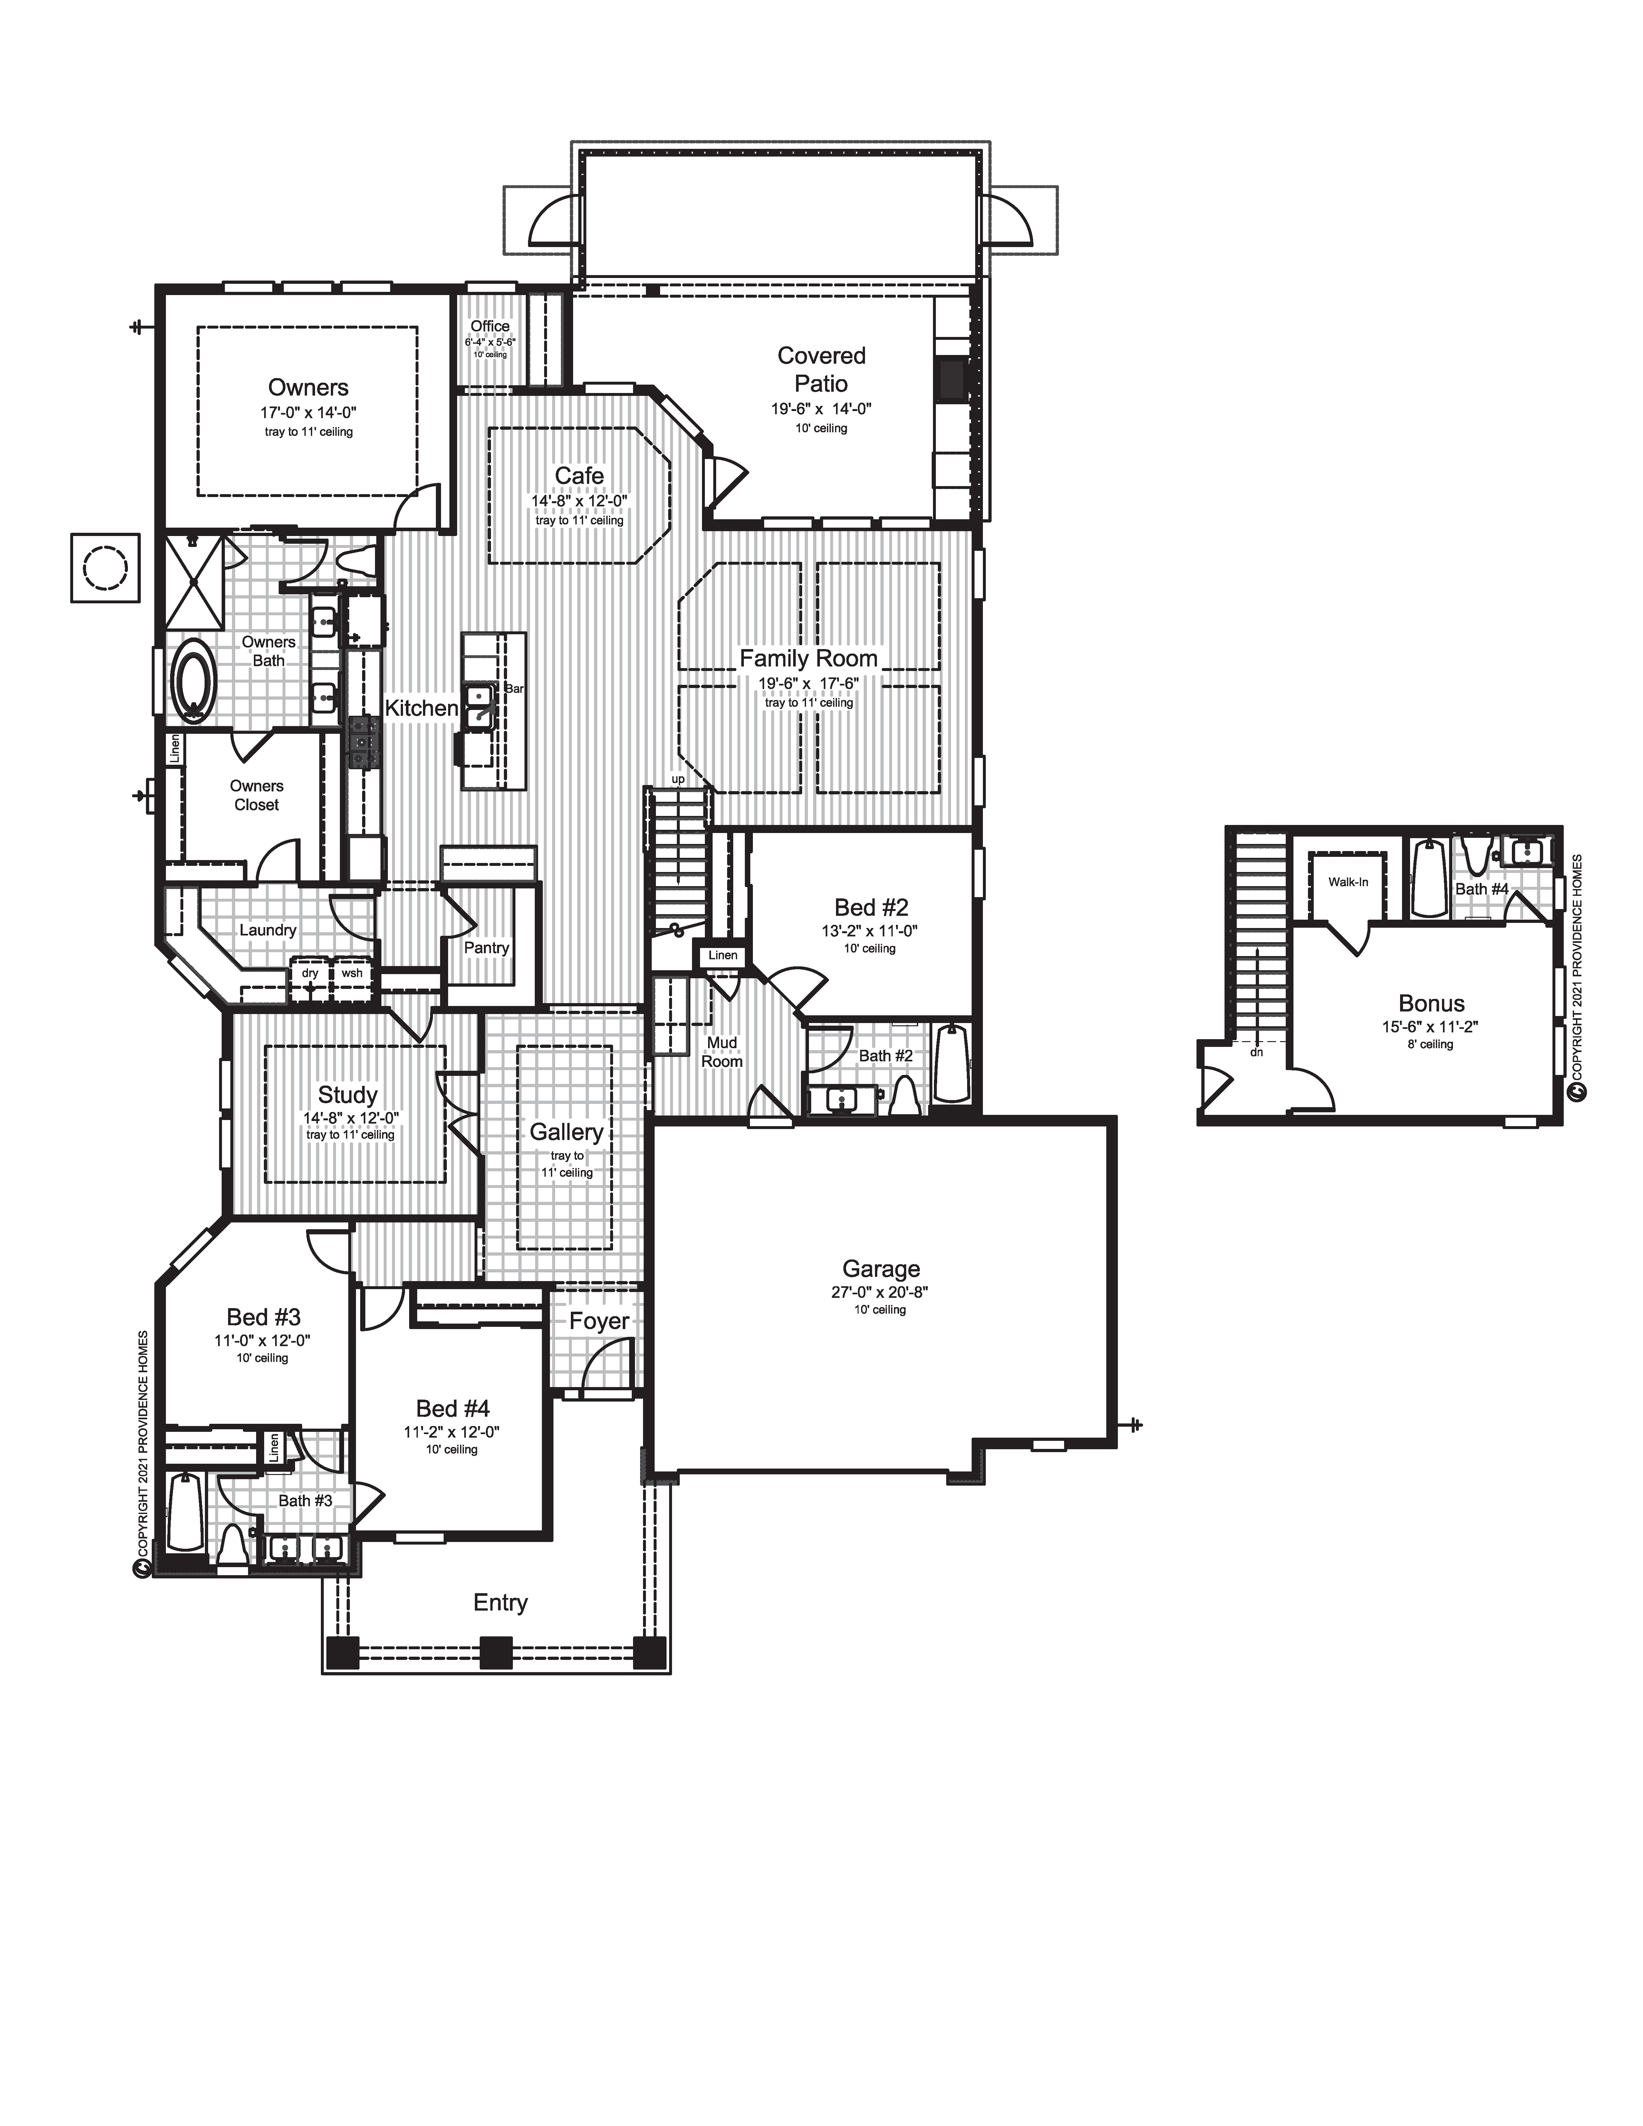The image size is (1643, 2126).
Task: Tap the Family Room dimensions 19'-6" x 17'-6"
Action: click(808, 683)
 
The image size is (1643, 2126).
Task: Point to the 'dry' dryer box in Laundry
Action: click(310, 973)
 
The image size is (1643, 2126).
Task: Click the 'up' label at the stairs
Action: click(677, 780)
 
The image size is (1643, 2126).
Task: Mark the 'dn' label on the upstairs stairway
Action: click(1257, 1052)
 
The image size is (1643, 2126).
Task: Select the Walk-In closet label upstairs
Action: click(1348, 882)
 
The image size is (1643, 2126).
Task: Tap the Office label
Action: click(490, 326)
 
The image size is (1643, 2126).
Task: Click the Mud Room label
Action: click(722, 1052)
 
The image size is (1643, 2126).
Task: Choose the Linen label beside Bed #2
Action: click(722, 955)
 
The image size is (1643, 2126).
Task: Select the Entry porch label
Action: click(500, 1602)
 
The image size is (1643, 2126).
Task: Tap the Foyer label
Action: click(599, 1321)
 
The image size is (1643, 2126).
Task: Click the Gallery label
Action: click(565, 1132)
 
